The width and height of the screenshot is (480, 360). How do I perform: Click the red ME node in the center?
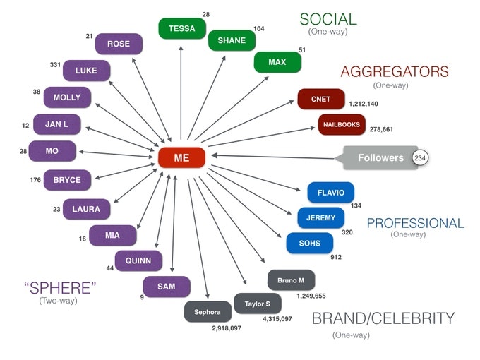[x=181, y=157]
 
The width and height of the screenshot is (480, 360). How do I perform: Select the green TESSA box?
[x=181, y=28]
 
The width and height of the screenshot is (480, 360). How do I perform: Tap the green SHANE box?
[x=231, y=40]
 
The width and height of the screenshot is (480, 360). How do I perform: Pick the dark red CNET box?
[x=320, y=100]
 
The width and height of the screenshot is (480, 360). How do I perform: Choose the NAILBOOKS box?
[x=342, y=125]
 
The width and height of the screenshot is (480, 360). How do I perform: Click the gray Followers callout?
[x=380, y=158]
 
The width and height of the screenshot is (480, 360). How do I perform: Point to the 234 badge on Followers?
[x=420, y=158]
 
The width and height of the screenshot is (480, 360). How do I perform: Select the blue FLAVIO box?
[x=330, y=193]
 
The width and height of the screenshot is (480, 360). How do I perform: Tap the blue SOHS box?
[x=309, y=244]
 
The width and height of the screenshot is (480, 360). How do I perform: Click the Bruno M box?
[x=291, y=280]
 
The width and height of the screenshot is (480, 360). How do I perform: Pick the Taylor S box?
[x=257, y=304]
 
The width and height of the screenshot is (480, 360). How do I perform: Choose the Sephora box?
[x=208, y=311]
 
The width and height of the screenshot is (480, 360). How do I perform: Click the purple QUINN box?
[x=138, y=260]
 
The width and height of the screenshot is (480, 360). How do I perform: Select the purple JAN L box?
[x=56, y=124]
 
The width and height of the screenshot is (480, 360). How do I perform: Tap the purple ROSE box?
[x=118, y=44]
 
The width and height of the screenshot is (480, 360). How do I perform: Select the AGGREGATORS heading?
[x=394, y=71]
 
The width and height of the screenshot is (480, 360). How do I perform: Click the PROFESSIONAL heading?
[x=415, y=224]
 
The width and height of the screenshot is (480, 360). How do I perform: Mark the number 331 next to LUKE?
[x=55, y=65]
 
